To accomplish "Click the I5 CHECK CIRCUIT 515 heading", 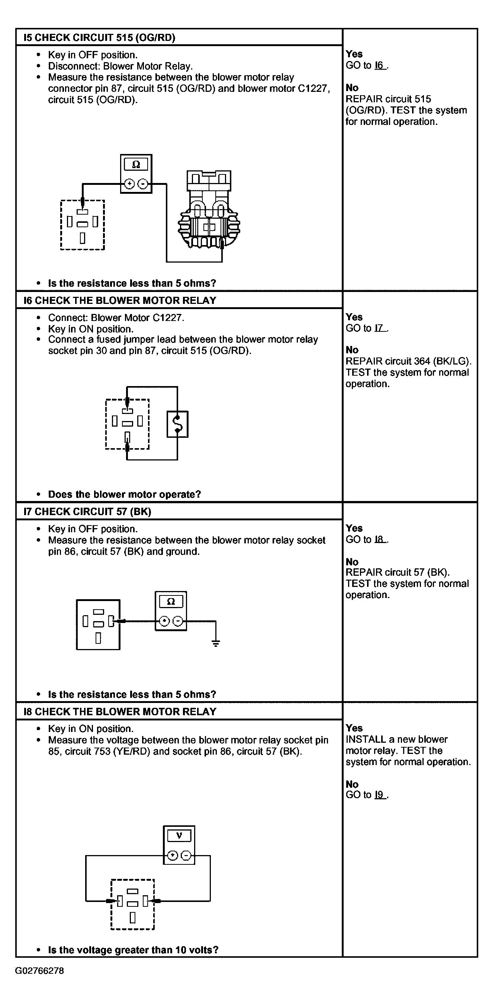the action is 99,37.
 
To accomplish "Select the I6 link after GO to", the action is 380,65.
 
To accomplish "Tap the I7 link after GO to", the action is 380,328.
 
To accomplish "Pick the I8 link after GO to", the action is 380,540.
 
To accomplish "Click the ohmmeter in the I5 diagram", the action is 136,174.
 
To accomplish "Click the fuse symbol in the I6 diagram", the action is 177,424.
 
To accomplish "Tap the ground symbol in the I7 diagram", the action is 216,643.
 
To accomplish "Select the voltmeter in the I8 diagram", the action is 179,845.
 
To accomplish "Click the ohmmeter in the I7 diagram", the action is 171,611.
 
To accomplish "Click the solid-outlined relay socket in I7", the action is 98,625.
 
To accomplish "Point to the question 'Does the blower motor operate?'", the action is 125,494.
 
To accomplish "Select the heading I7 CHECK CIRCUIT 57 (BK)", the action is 87,511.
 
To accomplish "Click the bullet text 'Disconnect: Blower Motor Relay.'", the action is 120,66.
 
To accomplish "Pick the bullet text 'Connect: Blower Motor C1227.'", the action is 116,318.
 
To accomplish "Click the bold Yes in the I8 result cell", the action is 354,728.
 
